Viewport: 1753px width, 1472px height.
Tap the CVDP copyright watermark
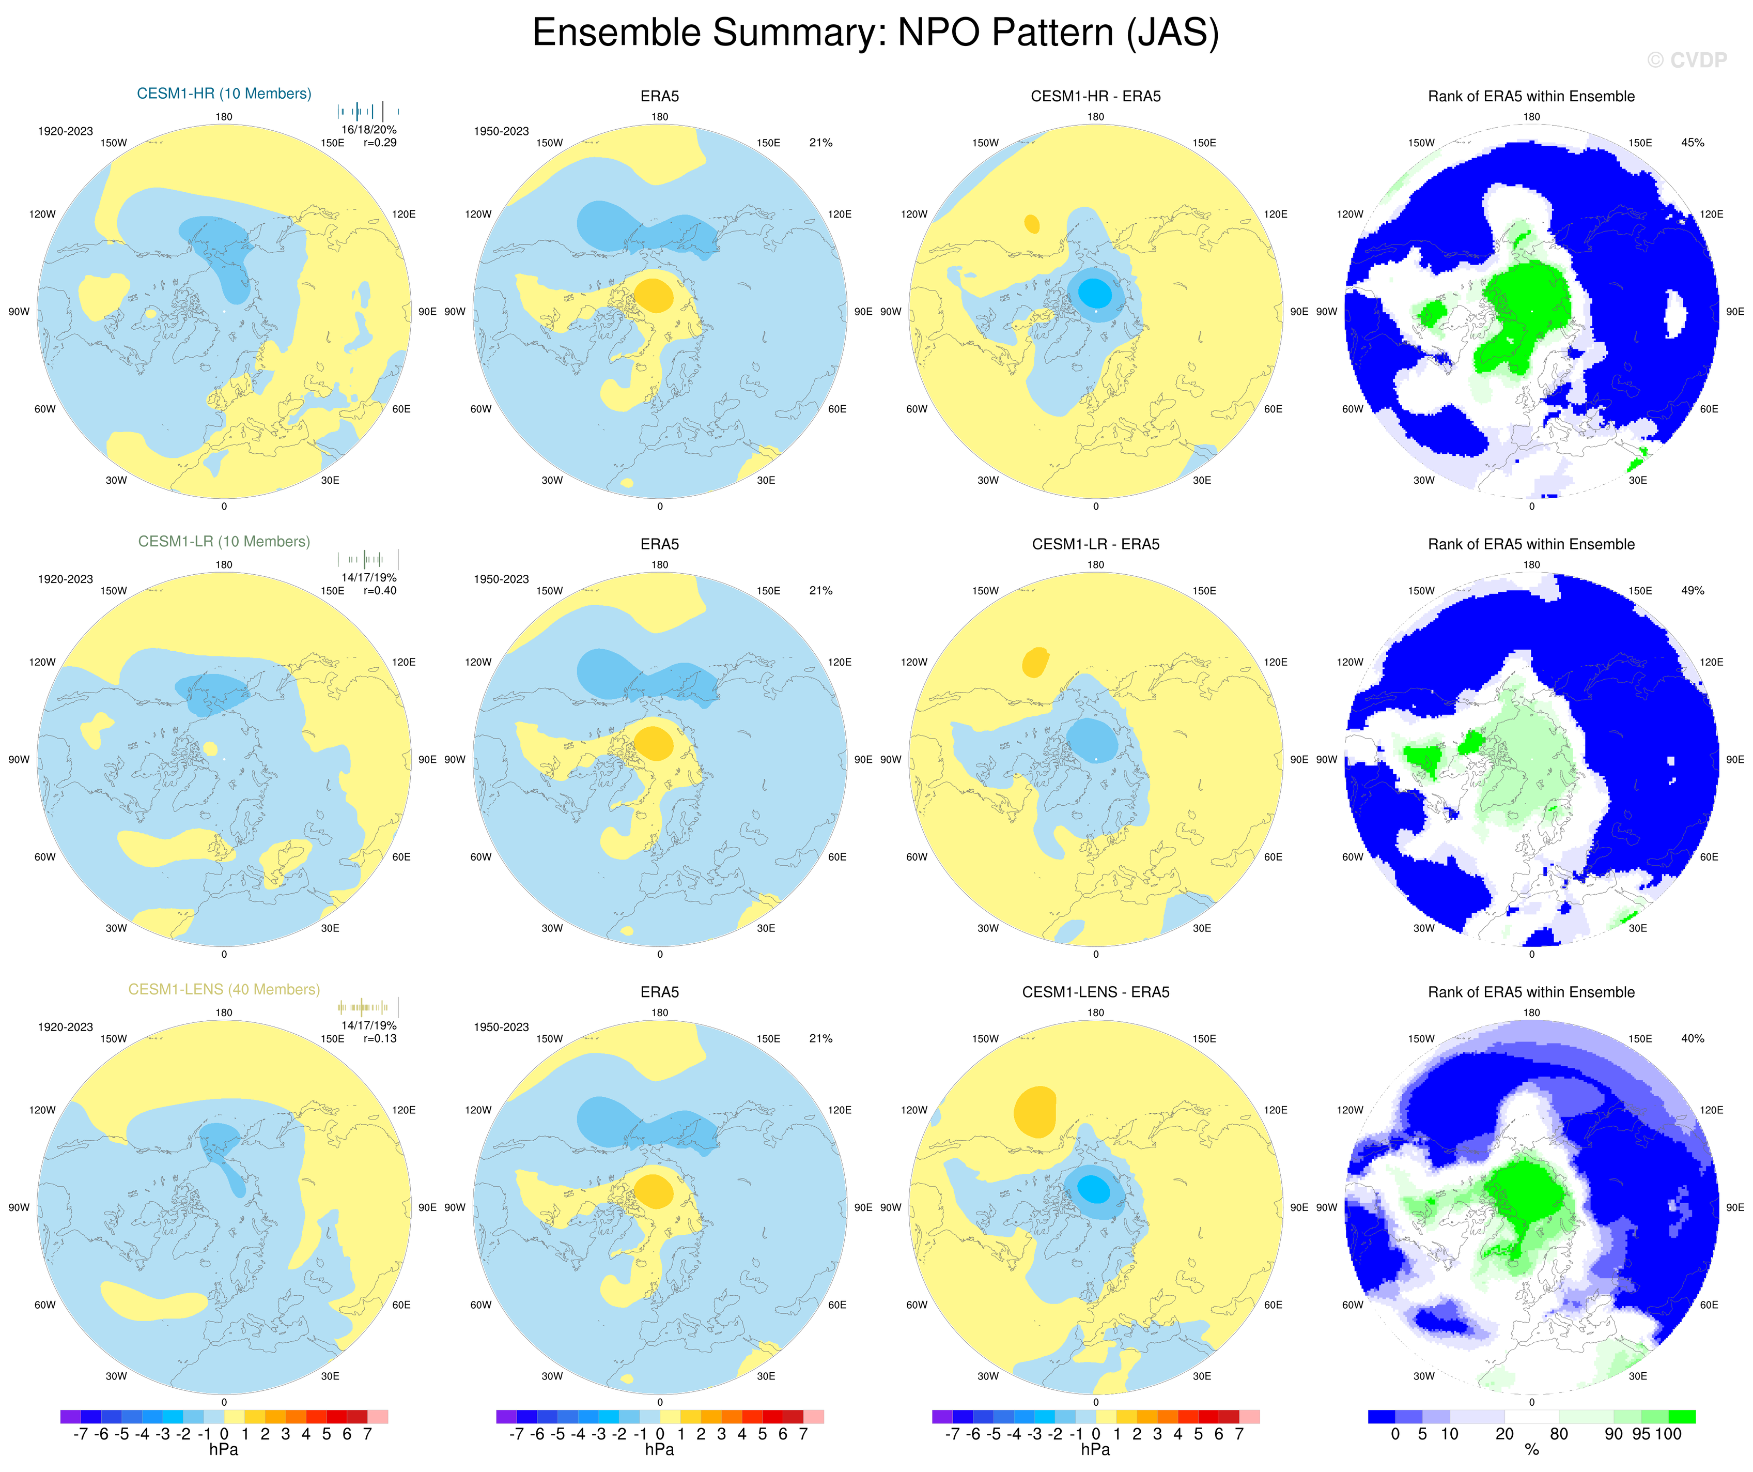tap(1687, 60)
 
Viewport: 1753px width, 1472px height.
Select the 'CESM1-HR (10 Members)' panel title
tap(224, 94)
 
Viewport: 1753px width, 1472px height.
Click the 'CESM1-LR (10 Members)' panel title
tap(224, 542)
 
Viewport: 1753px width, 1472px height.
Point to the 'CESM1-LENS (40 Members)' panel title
tap(224, 989)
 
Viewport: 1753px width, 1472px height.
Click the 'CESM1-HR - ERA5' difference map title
tap(1095, 96)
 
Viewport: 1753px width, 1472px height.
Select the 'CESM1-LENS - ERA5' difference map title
tap(1095, 992)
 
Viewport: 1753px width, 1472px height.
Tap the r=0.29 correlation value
tap(380, 143)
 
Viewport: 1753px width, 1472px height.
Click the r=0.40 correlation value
tap(380, 590)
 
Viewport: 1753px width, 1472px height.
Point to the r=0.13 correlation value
tap(380, 1039)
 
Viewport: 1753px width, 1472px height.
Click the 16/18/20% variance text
tap(369, 129)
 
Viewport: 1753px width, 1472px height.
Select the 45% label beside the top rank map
tap(1692, 143)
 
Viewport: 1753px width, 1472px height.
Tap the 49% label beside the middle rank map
tap(1692, 590)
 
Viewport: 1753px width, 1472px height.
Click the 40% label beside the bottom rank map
tap(1692, 1039)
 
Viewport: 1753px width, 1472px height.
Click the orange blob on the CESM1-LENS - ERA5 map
tap(1035, 1111)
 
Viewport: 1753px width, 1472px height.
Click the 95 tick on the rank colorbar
tap(1641, 1434)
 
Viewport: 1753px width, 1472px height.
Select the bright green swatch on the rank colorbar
tap(1682, 1417)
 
